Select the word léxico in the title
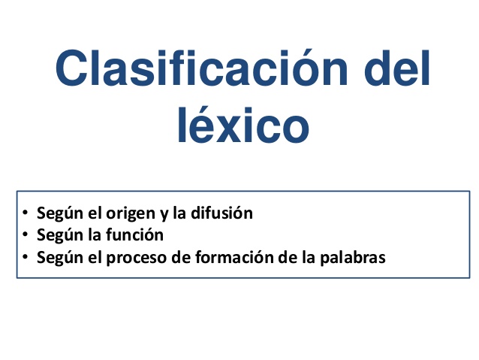[x=243, y=126]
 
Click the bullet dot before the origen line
[x=26, y=213]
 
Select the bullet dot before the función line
[x=26, y=235]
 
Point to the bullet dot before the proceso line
[x=26, y=258]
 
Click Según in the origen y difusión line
[x=56, y=213]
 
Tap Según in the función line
[x=56, y=236]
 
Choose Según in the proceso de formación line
[x=56, y=259]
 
